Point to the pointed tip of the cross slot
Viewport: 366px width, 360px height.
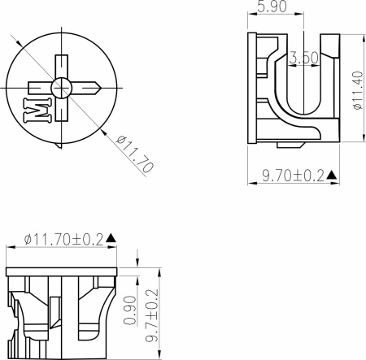point(99,85)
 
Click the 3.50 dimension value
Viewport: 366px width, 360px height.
point(304,59)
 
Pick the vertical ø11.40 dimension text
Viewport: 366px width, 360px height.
point(356,89)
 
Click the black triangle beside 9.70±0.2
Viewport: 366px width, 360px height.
point(332,176)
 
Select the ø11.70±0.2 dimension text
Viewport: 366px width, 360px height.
point(63,239)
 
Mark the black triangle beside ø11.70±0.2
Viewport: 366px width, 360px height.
point(111,238)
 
